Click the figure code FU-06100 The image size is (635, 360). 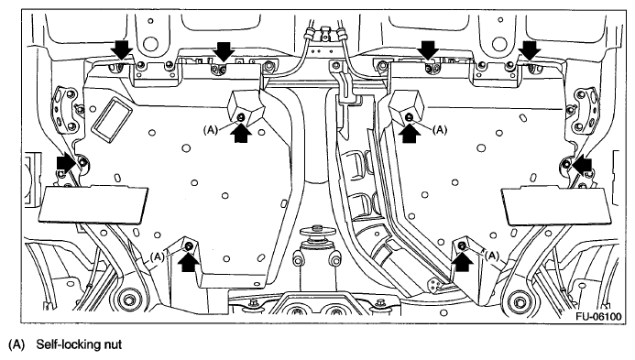point(598,316)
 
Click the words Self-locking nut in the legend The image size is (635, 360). point(79,344)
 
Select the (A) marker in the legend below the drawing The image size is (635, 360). point(16,345)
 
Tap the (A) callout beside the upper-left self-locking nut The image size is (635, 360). point(211,130)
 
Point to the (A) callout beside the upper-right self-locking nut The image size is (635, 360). point(440,130)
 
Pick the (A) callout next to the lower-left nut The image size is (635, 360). point(157,256)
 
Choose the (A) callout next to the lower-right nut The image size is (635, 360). point(492,256)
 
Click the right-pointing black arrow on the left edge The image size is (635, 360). point(66,163)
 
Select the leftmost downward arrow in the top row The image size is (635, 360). point(122,49)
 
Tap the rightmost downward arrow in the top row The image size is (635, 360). point(531,49)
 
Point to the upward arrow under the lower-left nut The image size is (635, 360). point(189,262)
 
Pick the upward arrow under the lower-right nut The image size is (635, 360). point(462,262)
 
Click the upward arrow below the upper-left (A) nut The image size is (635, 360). point(241,133)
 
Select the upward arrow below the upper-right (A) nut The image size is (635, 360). point(410,133)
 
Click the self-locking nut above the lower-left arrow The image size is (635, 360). point(189,246)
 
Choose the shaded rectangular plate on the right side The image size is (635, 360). point(555,206)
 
